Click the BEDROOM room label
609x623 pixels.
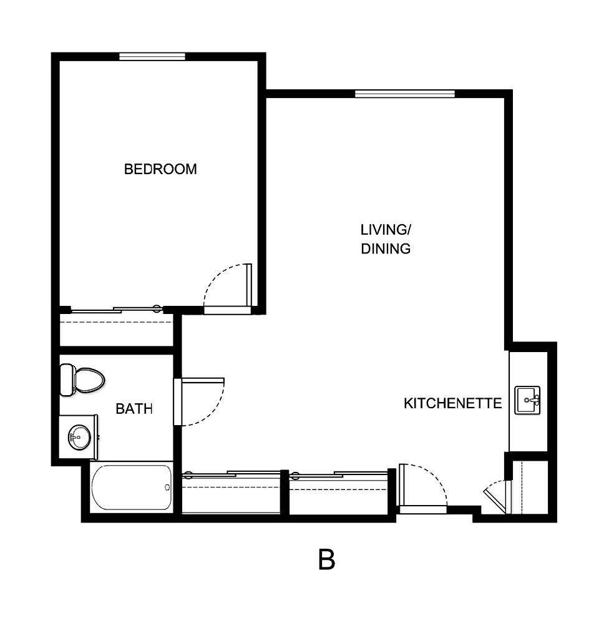(x=160, y=169)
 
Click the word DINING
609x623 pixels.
(x=386, y=248)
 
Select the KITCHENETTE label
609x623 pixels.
(x=452, y=403)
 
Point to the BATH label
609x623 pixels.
(x=134, y=409)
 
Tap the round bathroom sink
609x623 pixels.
(x=79, y=436)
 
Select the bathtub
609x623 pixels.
(x=131, y=488)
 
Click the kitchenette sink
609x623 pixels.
(x=528, y=400)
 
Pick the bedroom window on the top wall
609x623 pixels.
(x=152, y=56)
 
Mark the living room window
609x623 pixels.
(x=404, y=94)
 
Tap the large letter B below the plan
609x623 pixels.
(x=326, y=560)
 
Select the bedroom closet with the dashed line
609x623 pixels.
(x=116, y=328)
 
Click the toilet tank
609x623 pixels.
(x=66, y=380)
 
